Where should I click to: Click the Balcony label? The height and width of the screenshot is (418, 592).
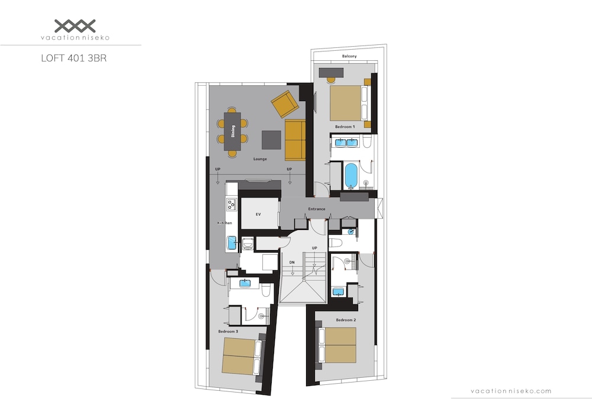tap(349, 56)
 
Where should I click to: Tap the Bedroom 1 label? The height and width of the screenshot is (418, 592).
tap(345, 127)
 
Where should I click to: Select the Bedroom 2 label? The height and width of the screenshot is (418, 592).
tap(346, 320)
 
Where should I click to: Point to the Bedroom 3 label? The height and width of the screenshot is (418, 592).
tap(228, 332)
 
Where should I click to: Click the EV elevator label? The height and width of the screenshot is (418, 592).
tap(258, 215)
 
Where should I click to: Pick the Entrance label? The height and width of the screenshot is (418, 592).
tap(316, 209)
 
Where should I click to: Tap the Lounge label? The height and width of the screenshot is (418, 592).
tap(260, 159)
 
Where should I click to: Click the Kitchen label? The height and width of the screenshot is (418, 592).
tap(224, 223)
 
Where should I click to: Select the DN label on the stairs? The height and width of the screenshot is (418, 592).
tap(292, 263)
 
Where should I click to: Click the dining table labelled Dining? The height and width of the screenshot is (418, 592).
tap(232, 131)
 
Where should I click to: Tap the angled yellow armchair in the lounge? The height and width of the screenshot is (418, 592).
tap(285, 104)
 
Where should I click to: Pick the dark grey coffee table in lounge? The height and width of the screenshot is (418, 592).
tap(272, 140)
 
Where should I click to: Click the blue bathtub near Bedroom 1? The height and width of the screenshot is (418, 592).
tap(350, 176)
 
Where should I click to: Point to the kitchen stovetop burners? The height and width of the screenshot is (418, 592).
tap(231, 205)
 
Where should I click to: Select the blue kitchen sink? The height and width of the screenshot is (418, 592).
tap(231, 244)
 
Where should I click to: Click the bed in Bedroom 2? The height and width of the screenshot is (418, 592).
tap(337, 345)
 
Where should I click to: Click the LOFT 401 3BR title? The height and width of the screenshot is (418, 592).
tap(74, 59)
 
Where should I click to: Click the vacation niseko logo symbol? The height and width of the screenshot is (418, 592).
tap(75, 26)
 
